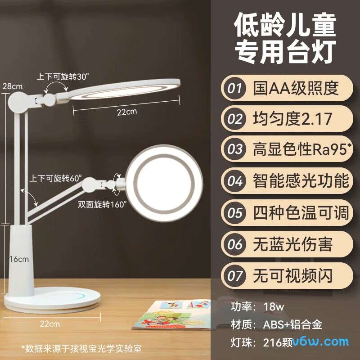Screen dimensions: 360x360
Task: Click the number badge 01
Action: click(235, 88)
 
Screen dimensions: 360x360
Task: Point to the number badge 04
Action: click(235, 181)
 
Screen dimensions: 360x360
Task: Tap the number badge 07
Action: click(235, 275)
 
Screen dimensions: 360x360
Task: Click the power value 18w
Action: click(274, 307)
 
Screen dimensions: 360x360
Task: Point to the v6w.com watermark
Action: click(321, 342)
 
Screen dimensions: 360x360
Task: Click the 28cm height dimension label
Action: click(12, 85)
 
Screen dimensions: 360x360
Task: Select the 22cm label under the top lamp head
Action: click(127, 112)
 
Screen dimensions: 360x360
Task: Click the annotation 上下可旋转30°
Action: click(63, 76)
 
